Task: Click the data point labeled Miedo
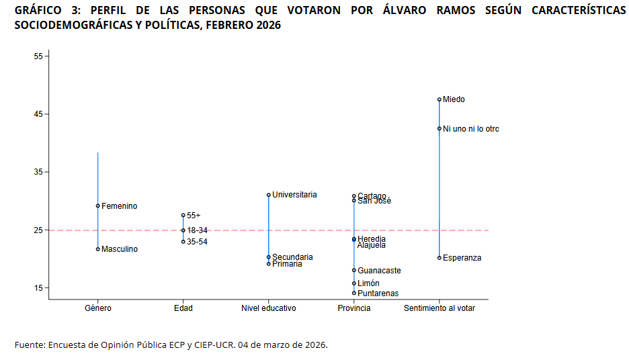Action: [x=439, y=99]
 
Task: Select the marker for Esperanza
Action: [x=439, y=258]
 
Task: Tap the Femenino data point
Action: [x=98, y=206]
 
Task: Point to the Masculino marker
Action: [x=98, y=249]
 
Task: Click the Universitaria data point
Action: [x=269, y=195]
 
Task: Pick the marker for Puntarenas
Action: [x=354, y=293]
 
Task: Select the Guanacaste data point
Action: [x=354, y=270]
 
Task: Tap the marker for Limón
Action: [x=354, y=283]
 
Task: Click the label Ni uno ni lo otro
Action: [x=470, y=129]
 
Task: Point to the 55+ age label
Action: [x=194, y=216]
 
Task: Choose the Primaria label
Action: [x=287, y=264]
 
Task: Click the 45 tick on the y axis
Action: [x=38, y=114]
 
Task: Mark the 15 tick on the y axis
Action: [x=38, y=288]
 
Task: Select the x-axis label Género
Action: [x=98, y=308]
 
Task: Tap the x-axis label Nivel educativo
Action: [x=269, y=308]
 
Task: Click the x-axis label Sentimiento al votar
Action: [x=439, y=308]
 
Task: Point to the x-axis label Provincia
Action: [x=354, y=308]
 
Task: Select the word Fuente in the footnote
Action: [x=29, y=345]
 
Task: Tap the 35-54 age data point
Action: [x=183, y=242]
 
